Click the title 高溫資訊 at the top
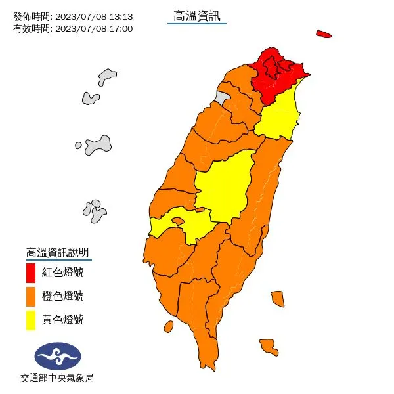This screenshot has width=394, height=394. click(x=197, y=16)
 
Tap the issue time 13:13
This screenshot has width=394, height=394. click(x=121, y=16)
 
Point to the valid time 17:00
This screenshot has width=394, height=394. click(x=121, y=28)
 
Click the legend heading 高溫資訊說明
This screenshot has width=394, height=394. click(x=57, y=252)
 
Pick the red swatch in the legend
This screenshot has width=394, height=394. click(x=31, y=272)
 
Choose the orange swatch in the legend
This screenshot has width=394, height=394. click(x=31, y=296)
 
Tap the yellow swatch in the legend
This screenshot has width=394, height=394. click(x=31, y=320)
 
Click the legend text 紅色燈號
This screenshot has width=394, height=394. click(x=62, y=272)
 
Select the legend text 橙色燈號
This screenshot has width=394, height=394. click(x=62, y=296)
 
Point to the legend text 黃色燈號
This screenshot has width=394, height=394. click(x=62, y=320)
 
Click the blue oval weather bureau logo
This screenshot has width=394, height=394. click(x=58, y=356)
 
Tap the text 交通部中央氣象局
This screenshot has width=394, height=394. click(x=57, y=378)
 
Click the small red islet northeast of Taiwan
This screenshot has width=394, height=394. click(x=322, y=34)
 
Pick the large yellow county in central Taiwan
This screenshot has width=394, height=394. click(x=223, y=187)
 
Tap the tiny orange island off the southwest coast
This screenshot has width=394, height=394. click(x=168, y=326)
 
